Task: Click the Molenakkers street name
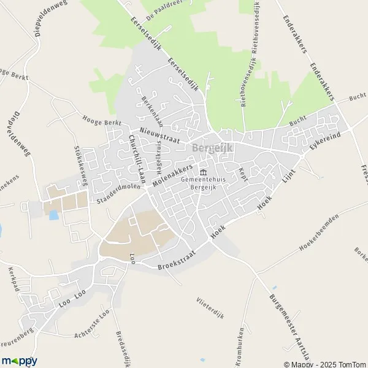[172, 175]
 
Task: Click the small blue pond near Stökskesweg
[52, 215]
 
